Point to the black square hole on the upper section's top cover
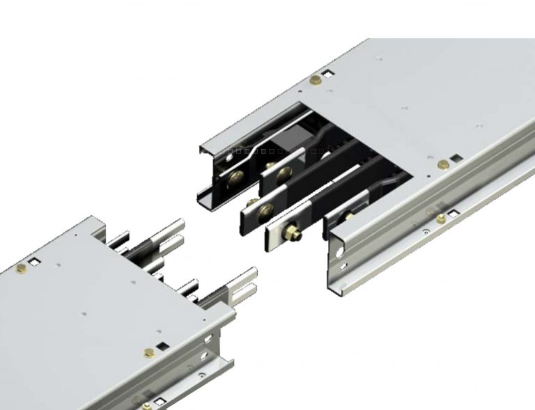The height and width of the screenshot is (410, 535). [453, 157]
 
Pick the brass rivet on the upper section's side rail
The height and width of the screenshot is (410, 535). [441, 219]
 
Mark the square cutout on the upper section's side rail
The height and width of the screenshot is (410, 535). [451, 211]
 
